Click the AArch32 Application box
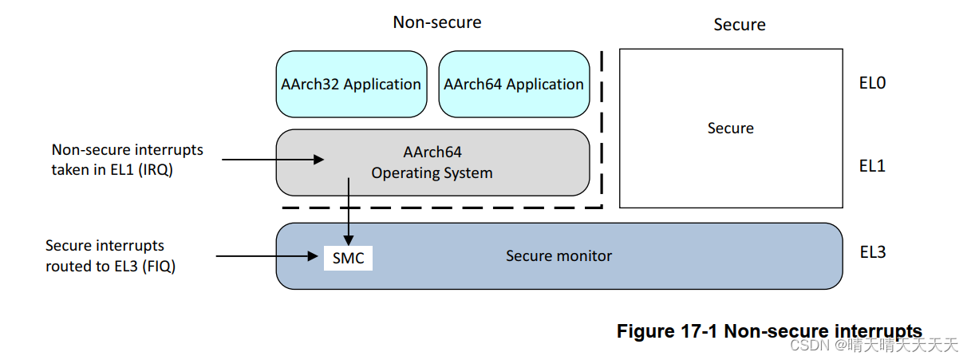(x=351, y=84)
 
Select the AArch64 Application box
(x=514, y=84)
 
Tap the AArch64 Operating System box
(x=432, y=162)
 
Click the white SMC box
(x=348, y=258)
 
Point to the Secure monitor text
(x=559, y=256)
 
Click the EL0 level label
(x=872, y=83)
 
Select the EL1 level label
(x=872, y=166)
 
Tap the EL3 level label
(x=872, y=252)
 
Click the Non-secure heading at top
(x=436, y=22)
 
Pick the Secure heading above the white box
(x=739, y=25)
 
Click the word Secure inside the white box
(x=730, y=129)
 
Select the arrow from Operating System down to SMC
(x=349, y=212)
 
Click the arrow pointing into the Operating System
(x=271, y=160)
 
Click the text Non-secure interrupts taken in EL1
(x=128, y=159)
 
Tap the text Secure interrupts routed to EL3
(x=110, y=255)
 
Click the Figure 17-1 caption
(x=769, y=331)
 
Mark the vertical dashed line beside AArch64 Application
(x=601, y=128)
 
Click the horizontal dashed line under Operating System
(x=439, y=208)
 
